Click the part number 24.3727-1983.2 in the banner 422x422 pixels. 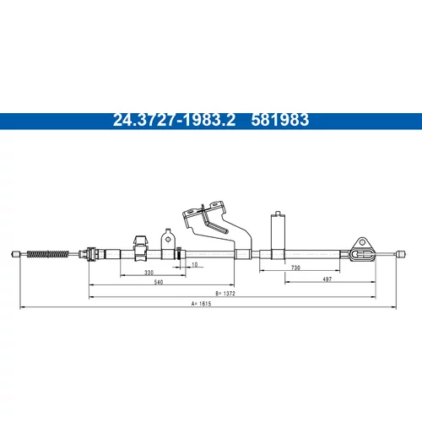[x=174, y=120]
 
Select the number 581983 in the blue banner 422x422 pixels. [x=280, y=120]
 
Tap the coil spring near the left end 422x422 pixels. [x=48, y=254]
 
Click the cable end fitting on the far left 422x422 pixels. [x=16, y=254]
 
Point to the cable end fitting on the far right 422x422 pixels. [x=401, y=253]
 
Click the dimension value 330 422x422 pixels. [x=149, y=273]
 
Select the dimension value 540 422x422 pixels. [x=159, y=282]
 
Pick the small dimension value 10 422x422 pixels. [x=194, y=264]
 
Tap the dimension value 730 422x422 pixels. [x=295, y=268]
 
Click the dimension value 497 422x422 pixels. [x=327, y=279]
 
